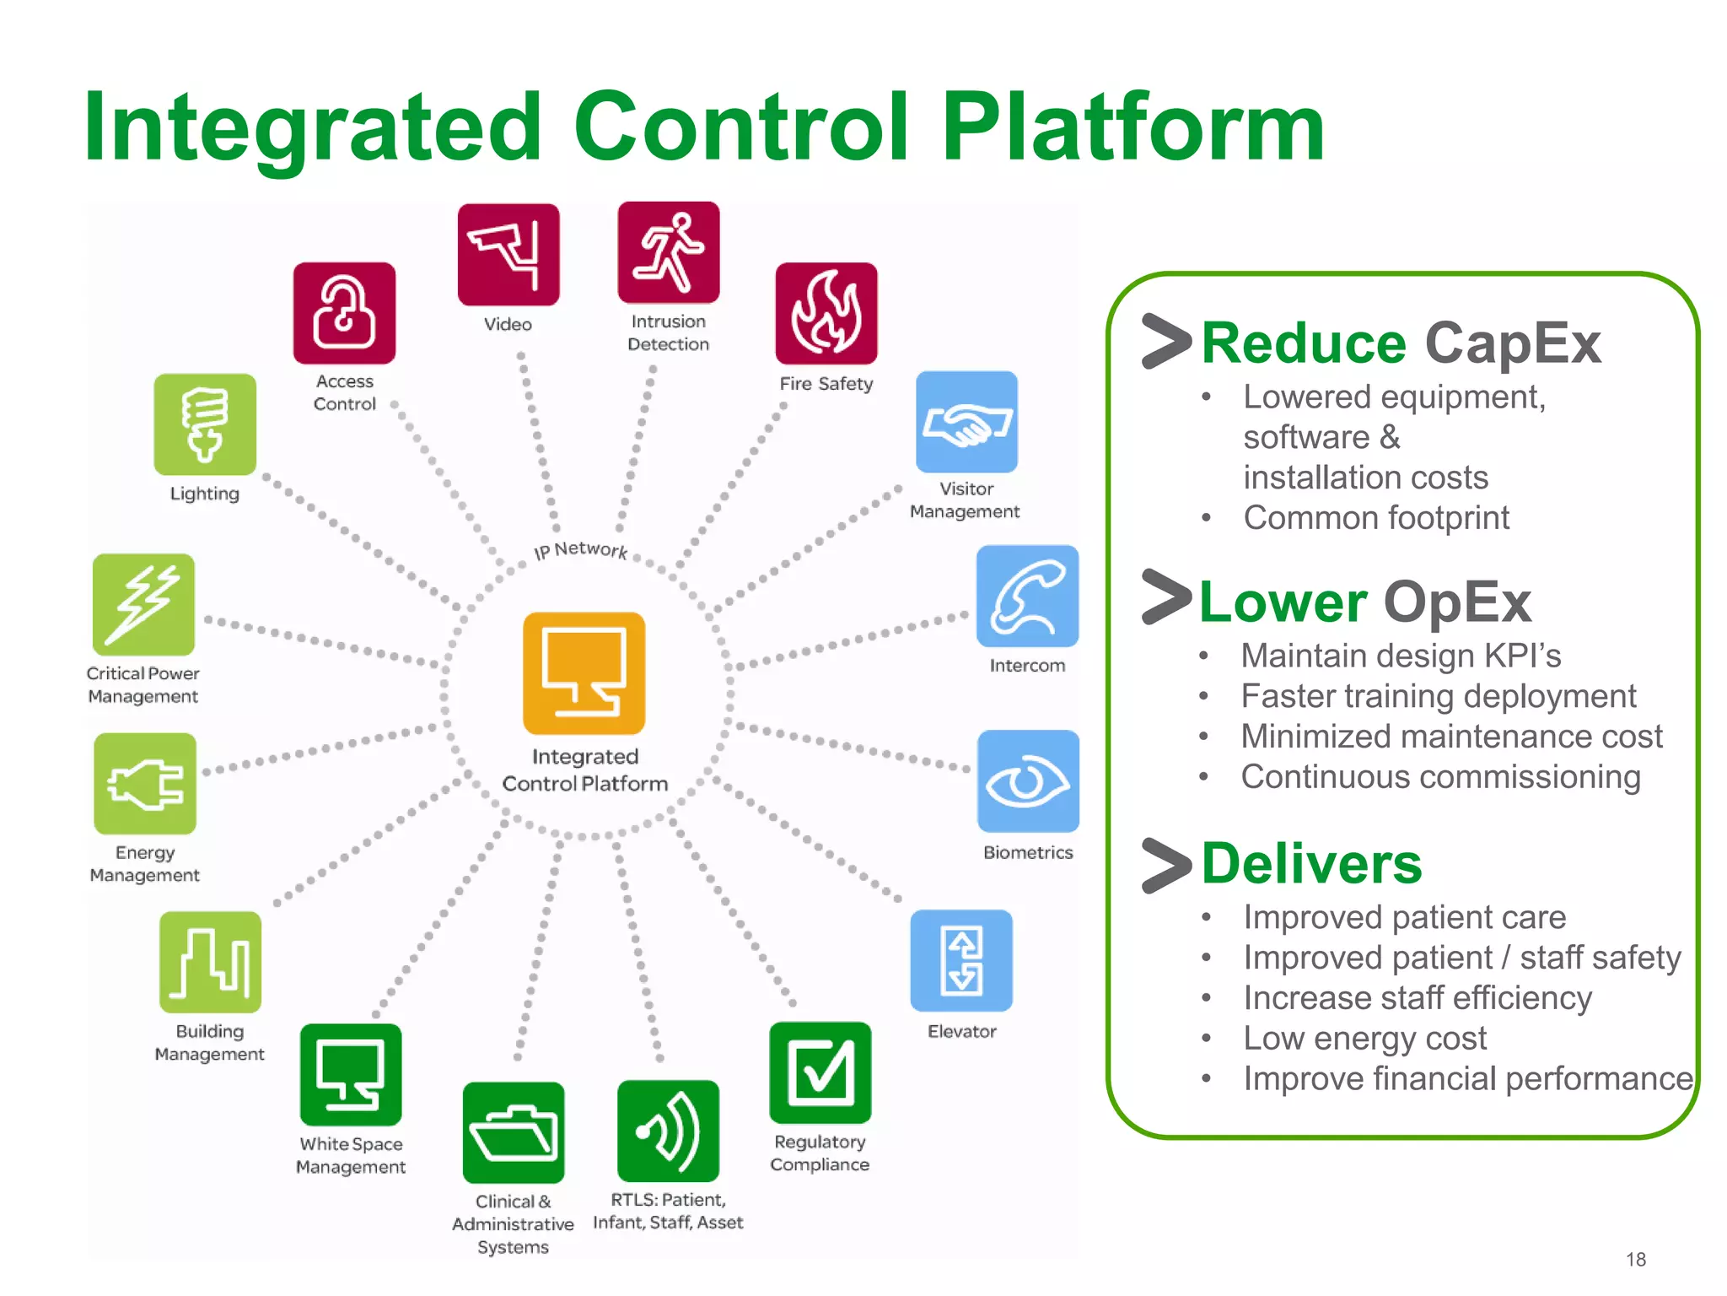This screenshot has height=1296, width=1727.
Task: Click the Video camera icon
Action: click(x=508, y=254)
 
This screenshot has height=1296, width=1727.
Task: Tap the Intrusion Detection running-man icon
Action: click(x=669, y=252)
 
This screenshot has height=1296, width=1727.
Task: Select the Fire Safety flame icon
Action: click(x=826, y=313)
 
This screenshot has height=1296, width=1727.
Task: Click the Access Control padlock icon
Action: click(x=344, y=313)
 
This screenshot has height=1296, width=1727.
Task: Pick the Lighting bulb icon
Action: click(x=205, y=424)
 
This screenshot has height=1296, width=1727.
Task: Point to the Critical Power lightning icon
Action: click(x=144, y=604)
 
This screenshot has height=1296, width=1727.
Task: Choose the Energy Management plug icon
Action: click(x=145, y=784)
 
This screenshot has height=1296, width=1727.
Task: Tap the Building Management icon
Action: click(x=210, y=962)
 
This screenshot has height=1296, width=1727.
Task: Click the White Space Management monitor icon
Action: click(x=351, y=1074)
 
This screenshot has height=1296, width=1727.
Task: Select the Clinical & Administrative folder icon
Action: click(x=514, y=1132)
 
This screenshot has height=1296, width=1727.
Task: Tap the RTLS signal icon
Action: click(x=669, y=1131)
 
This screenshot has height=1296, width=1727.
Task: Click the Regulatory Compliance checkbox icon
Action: click(x=820, y=1072)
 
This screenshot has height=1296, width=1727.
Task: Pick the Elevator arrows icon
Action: click(x=961, y=960)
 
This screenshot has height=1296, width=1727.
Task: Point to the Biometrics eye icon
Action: click(x=1028, y=781)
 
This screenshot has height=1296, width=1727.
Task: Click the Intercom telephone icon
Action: click(x=1027, y=597)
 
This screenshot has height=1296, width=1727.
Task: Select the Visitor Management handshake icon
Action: click(x=967, y=422)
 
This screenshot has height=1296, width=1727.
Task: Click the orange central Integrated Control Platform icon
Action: click(x=584, y=673)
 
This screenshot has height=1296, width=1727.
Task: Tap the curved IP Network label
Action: click(x=581, y=550)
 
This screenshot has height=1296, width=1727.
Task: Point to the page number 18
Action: click(x=1636, y=1260)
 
